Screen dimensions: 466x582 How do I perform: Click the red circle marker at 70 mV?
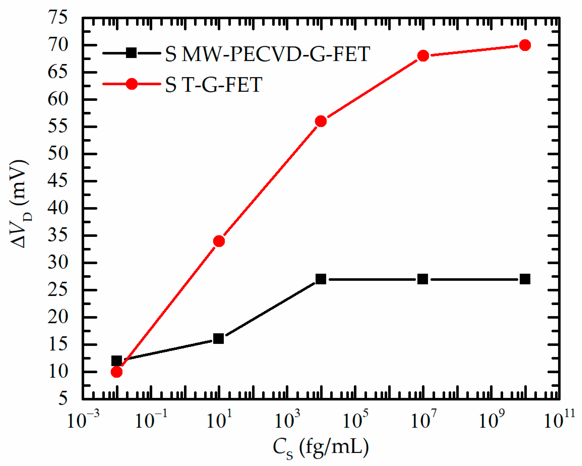[525, 45]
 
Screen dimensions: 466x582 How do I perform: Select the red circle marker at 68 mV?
[423, 56]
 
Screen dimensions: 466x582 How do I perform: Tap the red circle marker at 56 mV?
[321, 121]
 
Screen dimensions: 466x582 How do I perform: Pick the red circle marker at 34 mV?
[219, 241]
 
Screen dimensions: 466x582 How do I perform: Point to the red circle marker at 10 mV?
[116, 372]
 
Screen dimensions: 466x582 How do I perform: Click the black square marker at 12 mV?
[116, 361]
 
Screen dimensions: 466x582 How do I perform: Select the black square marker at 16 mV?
[218, 339]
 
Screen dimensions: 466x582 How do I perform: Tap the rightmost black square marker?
[525, 279]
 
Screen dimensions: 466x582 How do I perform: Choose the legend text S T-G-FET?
[214, 84]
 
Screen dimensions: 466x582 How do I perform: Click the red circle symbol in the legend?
[131, 84]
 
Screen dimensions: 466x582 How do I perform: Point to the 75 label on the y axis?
[57, 17]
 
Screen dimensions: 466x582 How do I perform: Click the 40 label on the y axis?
[57, 208]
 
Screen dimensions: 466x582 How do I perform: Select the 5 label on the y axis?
[63, 399]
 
